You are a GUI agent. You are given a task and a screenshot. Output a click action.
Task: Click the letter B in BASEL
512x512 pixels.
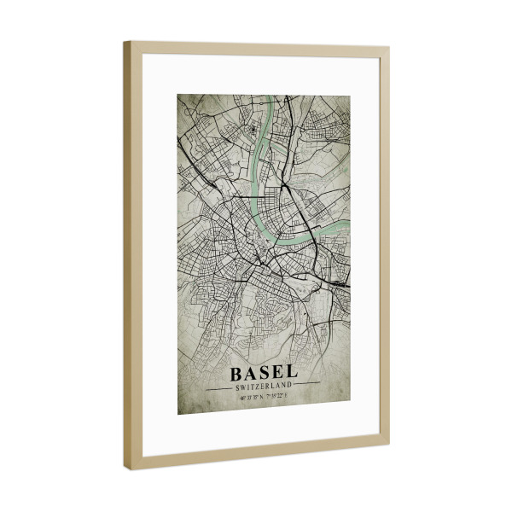click(236, 374)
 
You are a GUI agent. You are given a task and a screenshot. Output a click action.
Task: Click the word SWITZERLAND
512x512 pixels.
click(265, 387)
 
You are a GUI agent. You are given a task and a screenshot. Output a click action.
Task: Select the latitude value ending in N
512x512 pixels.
click(251, 397)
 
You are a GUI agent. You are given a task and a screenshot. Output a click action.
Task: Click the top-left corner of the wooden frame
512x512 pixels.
click(125, 44)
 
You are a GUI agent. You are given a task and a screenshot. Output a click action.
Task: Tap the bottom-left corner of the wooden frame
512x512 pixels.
click(125, 469)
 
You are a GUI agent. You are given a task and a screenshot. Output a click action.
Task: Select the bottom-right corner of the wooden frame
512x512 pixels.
click(388, 444)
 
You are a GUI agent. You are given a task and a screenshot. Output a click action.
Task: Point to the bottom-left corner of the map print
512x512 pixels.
click(178, 415)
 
